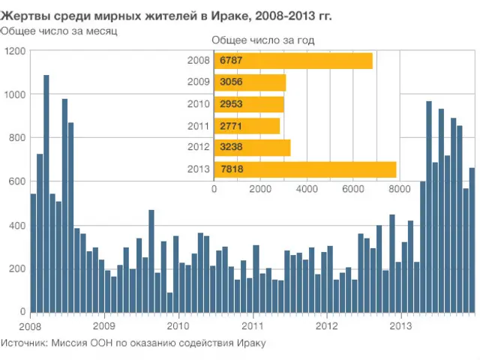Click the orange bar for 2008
[x=293, y=61]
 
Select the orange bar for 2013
[x=305, y=169]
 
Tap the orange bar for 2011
[x=247, y=126]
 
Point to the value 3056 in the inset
[x=231, y=82]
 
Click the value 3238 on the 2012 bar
[x=231, y=148]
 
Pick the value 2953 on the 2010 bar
[x=231, y=104]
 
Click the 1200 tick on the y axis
[x=15, y=51]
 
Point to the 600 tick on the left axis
[x=16, y=181]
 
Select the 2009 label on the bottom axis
[x=104, y=326]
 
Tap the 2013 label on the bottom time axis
[x=401, y=326]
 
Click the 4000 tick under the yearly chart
[x=307, y=190]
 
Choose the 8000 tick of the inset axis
[x=399, y=190]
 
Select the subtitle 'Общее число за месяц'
[x=58, y=31]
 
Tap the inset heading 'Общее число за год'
[x=262, y=40]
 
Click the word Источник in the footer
[x=23, y=343]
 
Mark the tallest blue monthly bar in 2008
[x=46, y=193]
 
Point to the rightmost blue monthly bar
[x=472, y=240]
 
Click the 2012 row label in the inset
[x=199, y=148]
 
